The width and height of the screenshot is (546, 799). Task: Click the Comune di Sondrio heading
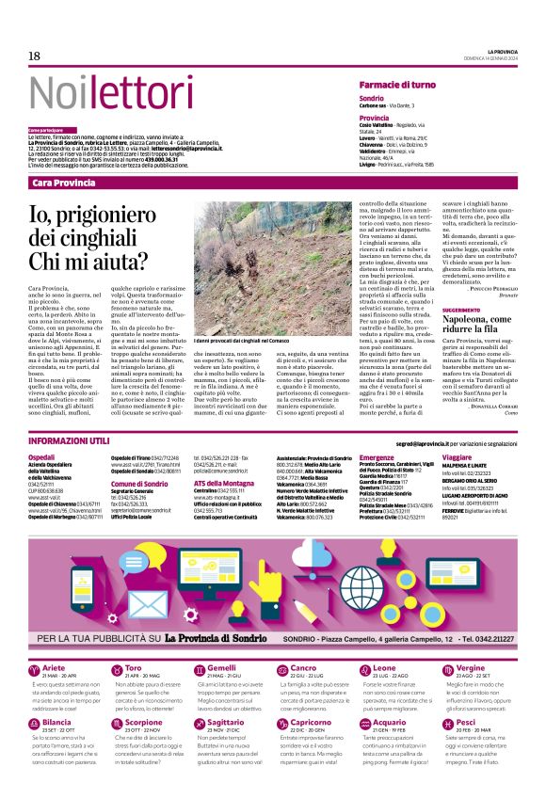(x=138, y=483)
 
